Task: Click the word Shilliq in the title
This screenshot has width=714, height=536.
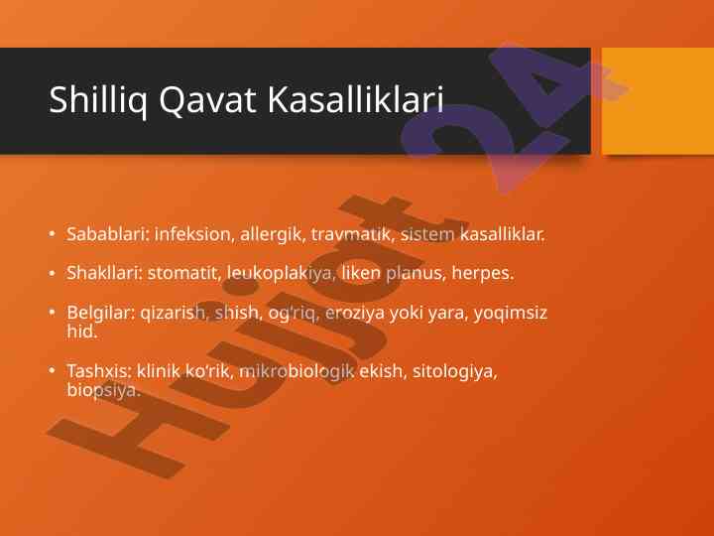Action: [x=98, y=100]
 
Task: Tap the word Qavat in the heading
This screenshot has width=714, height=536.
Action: [x=207, y=100]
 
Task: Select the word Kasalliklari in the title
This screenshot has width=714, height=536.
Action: [x=356, y=98]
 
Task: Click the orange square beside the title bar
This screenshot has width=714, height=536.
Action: [x=657, y=100]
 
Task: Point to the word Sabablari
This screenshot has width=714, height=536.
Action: [x=108, y=234]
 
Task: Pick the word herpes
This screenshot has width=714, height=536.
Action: [x=483, y=274]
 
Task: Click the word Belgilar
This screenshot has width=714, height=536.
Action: [x=101, y=313]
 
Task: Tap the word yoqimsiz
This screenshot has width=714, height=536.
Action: [x=510, y=314]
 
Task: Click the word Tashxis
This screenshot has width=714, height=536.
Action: [x=99, y=371]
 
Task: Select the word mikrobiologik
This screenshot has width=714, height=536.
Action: [x=297, y=372]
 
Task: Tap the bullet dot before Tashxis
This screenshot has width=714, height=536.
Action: [x=52, y=370]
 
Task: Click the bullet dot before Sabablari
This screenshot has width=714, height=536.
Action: [x=52, y=234]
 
